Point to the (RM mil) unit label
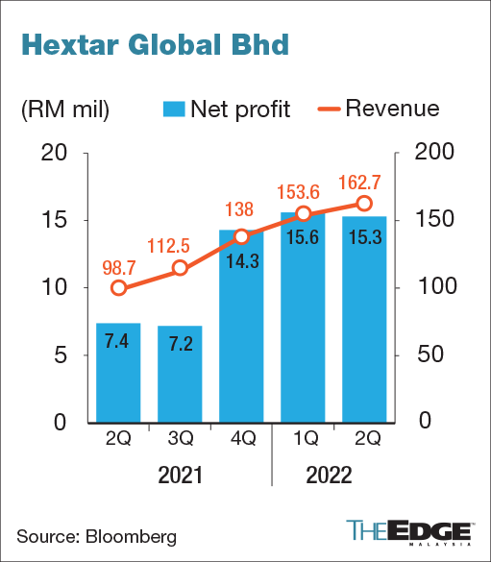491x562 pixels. pos(65,109)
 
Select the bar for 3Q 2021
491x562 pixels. pos(180,374)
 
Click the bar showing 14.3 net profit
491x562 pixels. pos(241,327)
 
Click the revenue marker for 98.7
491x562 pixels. pos(118,288)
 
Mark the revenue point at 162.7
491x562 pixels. pos(364,203)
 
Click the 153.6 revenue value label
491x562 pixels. pos(303,190)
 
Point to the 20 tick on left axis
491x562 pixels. pos(56,153)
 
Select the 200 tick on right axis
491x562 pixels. pos(429,153)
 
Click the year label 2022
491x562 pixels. pos(331,476)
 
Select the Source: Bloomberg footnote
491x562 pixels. pos(97,533)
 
